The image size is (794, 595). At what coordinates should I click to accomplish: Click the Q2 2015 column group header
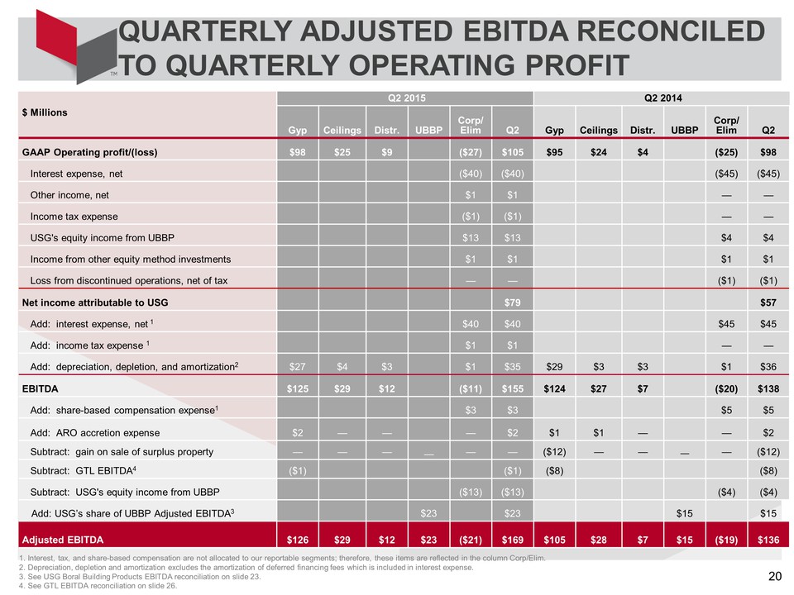click(x=407, y=98)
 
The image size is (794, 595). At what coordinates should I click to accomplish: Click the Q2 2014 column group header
click(x=662, y=98)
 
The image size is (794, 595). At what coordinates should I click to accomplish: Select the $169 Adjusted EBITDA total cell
click(x=513, y=540)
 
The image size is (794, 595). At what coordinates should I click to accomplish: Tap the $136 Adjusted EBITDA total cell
click(x=768, y=540)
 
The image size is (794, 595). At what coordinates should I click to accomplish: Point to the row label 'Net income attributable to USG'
click(x=94, y=302)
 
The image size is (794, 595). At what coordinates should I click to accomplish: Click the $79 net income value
click(x=513, y=302)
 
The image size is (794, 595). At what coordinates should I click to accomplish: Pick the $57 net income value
click(x=768, y=302)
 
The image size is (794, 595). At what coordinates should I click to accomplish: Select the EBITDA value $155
click(x=513, y=388)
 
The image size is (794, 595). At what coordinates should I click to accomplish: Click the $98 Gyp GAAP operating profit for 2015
click(x=297, y=152)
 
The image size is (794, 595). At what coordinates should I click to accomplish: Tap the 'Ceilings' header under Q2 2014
click(x=599, y=130)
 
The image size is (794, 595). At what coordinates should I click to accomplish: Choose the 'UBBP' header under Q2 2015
click(x=429, y=130)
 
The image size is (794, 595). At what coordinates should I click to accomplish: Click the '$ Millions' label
click(x=45, y=112)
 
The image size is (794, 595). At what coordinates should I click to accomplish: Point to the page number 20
click(x=775, y=576)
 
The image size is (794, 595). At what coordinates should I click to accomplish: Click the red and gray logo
click(x=76, y=46)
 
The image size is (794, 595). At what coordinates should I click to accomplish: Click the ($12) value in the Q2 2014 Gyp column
click(x=554, y=452)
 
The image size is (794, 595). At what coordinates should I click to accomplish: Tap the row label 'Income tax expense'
click(x=74, y=217)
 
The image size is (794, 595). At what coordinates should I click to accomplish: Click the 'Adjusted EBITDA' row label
click(x=63, y=540)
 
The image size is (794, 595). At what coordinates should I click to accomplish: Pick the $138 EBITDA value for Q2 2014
click(x=768, y=388)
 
